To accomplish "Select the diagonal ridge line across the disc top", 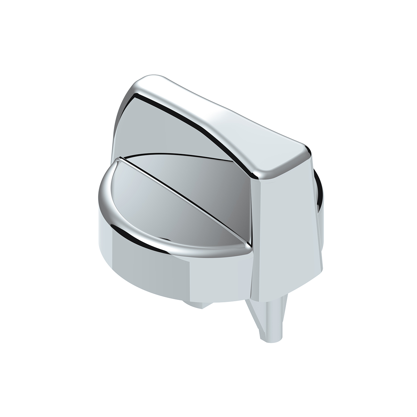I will pyautogui.click(x=184, y=202).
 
